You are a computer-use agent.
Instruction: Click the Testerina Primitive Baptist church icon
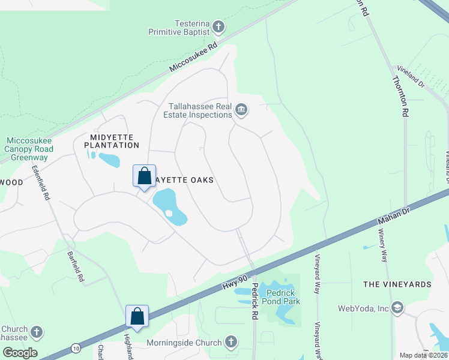click(218, 27)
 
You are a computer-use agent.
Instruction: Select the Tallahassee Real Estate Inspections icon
click(241, 109)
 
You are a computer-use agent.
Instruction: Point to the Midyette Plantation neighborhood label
click(112, 141)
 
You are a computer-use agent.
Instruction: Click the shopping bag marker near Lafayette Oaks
click(144, 177)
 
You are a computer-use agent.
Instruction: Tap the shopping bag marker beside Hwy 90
click(137, 316)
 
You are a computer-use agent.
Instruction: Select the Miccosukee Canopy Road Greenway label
click(28, 149)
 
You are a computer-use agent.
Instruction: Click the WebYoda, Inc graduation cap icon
click(397, 308)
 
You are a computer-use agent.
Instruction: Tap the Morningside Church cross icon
click(231, 343)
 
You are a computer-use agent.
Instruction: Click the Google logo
click(20, 353)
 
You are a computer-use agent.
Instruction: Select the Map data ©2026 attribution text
click(423, 355)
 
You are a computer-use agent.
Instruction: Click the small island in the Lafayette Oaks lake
click(169, 213)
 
